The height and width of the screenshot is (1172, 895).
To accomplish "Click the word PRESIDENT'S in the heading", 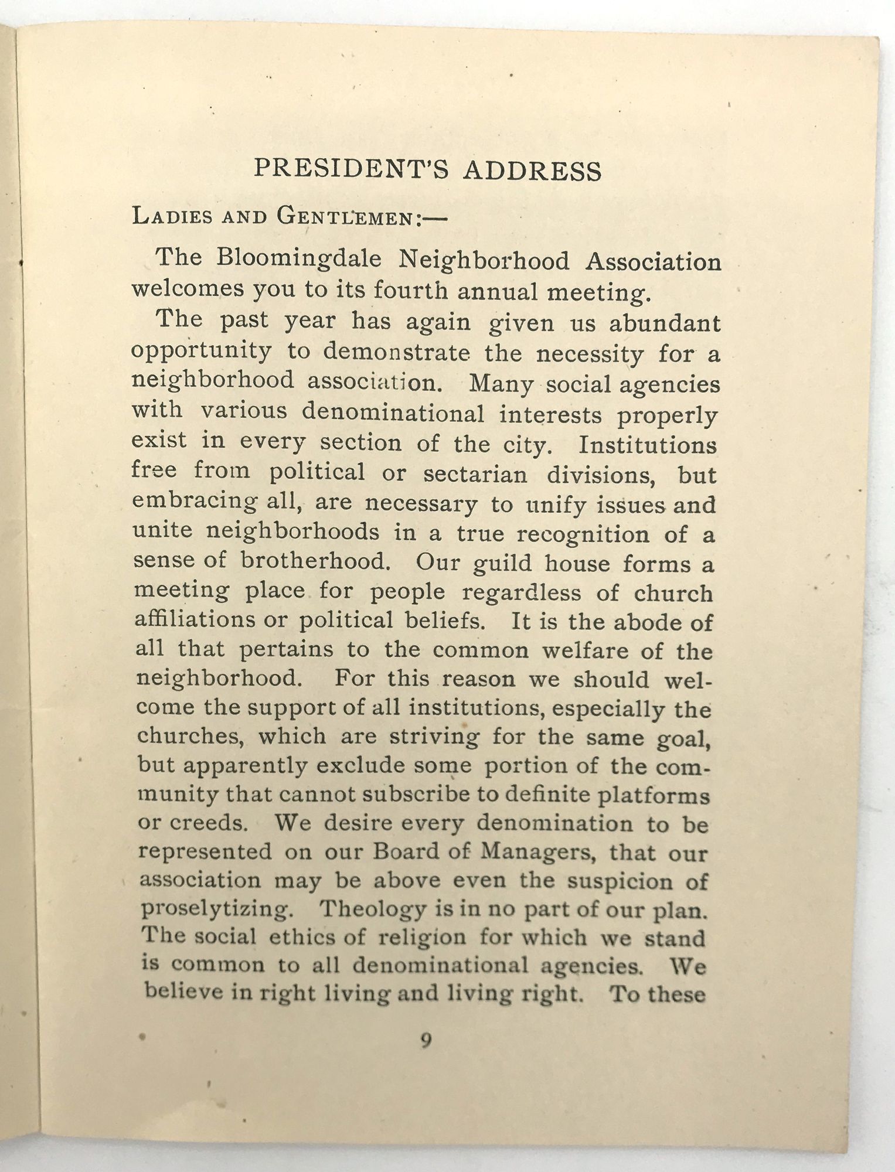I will point(351,169).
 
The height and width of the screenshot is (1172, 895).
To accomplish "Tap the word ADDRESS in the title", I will point(532,171).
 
